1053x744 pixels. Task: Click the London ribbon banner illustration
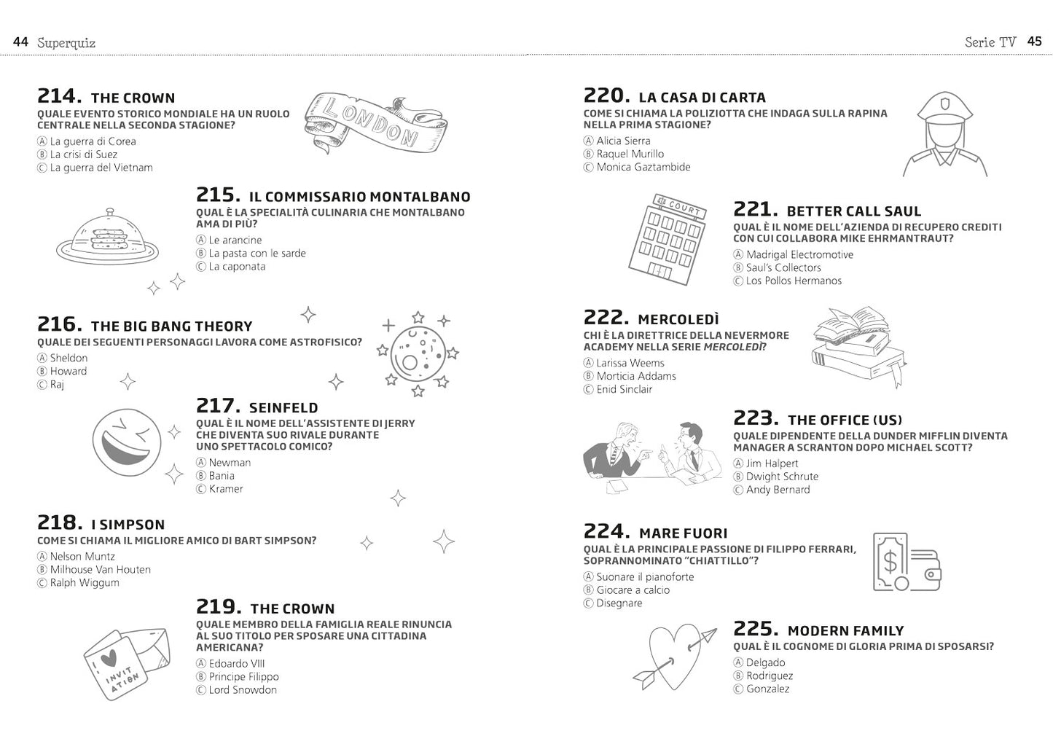pos(375,122)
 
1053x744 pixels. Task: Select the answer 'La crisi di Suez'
pos(83,154)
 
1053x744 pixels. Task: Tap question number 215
pos(218,195)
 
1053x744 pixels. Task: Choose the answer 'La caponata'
pos(237,267)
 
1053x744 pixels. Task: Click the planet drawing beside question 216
pos(417,353)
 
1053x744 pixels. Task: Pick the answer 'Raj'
pos(57,385)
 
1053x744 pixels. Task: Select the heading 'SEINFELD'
pos(283,408)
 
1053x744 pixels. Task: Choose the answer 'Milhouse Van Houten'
pos(100,570)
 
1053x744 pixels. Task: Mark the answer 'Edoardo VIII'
pos(236,664)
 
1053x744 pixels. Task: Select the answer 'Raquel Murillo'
pos(630,154)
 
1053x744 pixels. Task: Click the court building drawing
pos(666,238)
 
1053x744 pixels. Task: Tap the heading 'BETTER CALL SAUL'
pos(853,211)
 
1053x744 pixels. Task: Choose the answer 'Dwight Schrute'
pos(782,477)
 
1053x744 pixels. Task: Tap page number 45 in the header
pos(1034,42)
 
